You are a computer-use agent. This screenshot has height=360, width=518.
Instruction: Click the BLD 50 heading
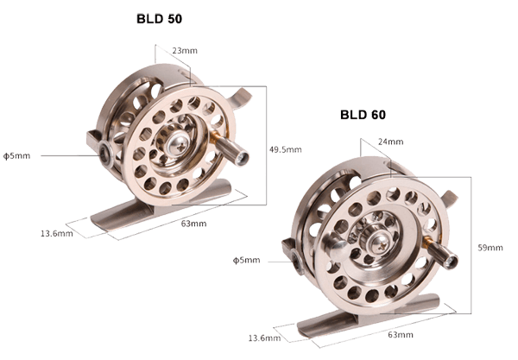159,19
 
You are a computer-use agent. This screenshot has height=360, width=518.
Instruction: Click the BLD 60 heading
363,115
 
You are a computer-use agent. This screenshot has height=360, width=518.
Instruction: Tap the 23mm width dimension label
185,51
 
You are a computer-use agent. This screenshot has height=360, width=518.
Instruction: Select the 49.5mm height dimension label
286,149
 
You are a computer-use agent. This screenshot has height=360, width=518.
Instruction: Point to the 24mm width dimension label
391,142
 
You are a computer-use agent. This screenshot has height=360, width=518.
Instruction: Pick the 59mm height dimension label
490,248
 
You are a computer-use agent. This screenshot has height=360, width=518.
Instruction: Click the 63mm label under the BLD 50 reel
193,224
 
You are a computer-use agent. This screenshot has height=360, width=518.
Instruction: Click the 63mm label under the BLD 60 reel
401,335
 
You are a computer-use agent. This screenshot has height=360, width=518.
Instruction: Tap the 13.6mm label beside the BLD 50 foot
57,233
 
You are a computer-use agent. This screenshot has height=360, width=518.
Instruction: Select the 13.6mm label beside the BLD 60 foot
265,338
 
